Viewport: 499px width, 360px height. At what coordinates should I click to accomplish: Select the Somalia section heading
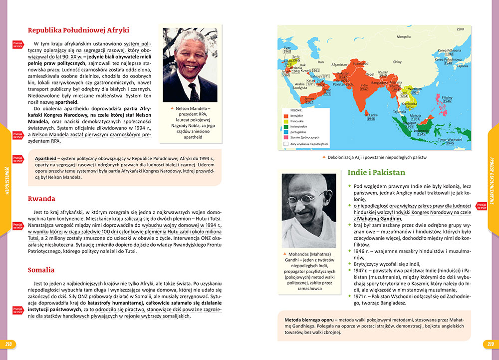(41, 270)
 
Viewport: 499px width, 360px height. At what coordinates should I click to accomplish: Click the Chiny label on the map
(397, 62)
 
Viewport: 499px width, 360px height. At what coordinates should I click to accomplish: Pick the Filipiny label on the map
(447, 97)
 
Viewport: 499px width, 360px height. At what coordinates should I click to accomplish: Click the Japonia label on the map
(462, 65)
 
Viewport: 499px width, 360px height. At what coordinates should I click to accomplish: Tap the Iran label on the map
(321, 62)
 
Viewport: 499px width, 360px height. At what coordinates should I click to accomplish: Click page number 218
(8, 344)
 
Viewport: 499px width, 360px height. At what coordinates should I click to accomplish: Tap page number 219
(490, 344)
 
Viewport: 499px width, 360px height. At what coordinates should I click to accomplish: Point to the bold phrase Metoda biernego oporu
(309, 319)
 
